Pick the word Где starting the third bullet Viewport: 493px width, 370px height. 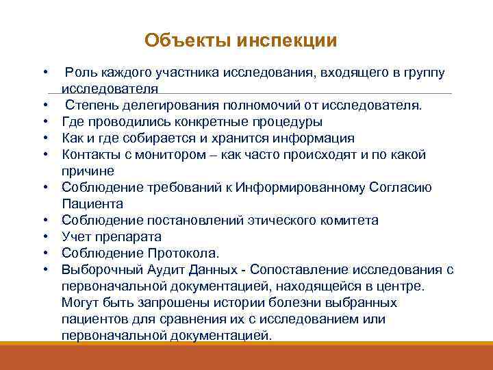point(73,122)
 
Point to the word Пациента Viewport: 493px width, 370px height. point(92,204)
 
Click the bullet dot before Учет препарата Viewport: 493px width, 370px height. point(45,237)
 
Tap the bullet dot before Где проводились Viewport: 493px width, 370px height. point(45,122)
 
